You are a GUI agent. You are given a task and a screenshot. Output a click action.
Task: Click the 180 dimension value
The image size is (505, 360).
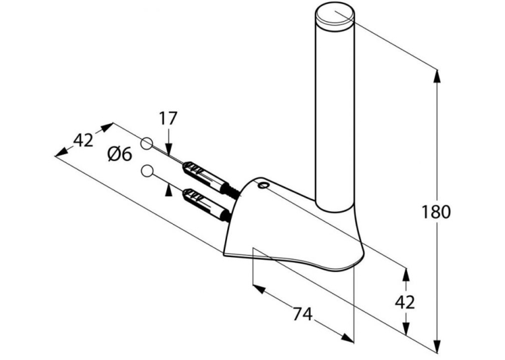click(x=436, y=212)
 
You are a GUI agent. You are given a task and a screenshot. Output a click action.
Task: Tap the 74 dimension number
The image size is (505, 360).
click(x=302, y=314)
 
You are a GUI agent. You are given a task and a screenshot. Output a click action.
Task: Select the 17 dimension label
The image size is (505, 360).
click(x=168, y=118)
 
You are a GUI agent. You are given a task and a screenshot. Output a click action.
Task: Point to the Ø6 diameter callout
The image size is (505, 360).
click(x=119, y=155)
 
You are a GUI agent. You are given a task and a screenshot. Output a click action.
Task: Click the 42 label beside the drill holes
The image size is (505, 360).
click(x=83, y=140)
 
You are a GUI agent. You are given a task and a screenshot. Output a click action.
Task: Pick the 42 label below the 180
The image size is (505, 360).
click(x=405, y=303)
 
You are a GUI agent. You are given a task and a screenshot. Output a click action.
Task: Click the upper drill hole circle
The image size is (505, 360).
click(x=147, y=143)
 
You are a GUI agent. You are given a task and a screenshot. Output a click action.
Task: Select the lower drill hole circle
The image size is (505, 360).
click(x=147, y=170)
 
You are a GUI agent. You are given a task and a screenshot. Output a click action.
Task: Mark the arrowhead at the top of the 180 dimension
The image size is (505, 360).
click(x=437, y=77)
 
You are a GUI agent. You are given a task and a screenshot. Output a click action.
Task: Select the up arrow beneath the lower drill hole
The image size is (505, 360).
click(x=168, y=190)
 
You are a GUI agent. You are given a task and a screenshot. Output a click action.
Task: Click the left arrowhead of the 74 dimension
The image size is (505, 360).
click(x=259, y=289)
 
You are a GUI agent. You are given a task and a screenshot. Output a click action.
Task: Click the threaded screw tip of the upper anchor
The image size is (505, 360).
click(x=234, y=191)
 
